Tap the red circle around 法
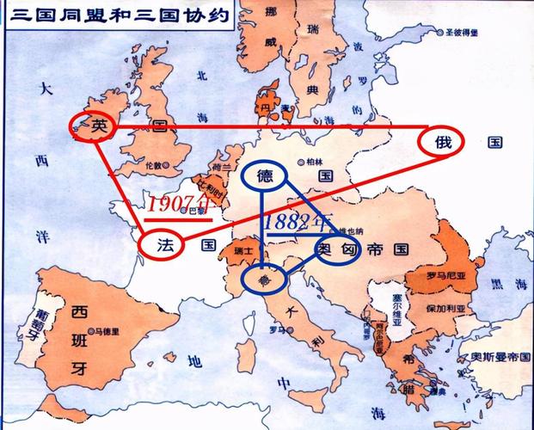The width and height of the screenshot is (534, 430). (x=163, y=245)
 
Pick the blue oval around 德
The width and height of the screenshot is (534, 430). (x=262, y=176)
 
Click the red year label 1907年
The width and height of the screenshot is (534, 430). (x=177, y=206)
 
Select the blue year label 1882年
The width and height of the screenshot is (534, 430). (x=298, y=222)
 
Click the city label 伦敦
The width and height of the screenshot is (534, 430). (x=152, y=164)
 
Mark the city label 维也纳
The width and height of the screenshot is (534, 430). (x=351, y=230)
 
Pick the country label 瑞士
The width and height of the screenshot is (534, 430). (x=242, y=250)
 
